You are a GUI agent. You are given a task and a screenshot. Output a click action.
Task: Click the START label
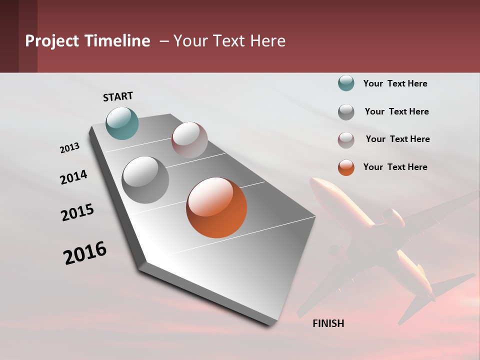[x=118, y=96]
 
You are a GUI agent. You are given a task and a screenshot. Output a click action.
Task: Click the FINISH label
[x=328, y=323]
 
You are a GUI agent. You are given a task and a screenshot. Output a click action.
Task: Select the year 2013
[x=70, y=148]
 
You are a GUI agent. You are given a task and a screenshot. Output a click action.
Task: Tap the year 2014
[x=73, y=177]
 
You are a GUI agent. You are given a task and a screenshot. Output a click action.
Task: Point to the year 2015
[x=77, y=212]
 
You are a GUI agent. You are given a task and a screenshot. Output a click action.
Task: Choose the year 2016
[x=85, y=252]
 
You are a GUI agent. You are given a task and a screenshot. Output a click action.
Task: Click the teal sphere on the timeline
[x=122, y=123]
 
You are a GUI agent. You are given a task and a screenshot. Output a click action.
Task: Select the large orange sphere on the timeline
[x=216, y=207]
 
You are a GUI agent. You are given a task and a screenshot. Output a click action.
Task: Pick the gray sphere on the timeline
[x=145, y=180]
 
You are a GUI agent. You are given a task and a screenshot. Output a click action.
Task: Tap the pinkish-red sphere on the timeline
[x=189, y=140]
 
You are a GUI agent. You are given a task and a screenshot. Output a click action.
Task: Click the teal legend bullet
[x=346, y=83]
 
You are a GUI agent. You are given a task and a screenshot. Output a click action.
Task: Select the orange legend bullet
[x=346, y=167]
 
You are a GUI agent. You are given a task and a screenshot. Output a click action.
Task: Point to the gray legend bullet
[x=346, y=111]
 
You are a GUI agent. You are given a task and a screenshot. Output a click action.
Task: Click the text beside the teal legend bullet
[x=395, y=83]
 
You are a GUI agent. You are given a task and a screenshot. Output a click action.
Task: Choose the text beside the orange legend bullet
[x=395, y=167]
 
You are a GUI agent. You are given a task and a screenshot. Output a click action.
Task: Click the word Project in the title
[x=52, y=41]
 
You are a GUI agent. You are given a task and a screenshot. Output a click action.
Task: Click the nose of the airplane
[x=314, y=182]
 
